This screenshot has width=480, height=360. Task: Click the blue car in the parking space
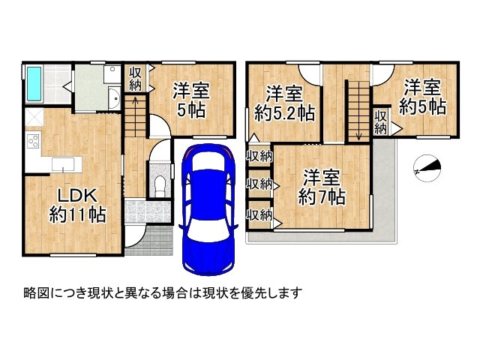pos(206,210)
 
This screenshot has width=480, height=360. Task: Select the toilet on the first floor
pos(158,185)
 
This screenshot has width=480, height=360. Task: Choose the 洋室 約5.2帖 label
pos(284,103)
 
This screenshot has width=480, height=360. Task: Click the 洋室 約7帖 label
pos(322,187)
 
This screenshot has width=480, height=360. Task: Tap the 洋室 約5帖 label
pos(421,95)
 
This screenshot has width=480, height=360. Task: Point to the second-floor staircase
pos(358,109)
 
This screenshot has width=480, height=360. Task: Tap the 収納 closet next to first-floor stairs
pos(135,78)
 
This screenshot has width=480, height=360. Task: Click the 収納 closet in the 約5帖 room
pos(382,121)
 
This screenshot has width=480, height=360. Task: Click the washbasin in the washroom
pos(113,100)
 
